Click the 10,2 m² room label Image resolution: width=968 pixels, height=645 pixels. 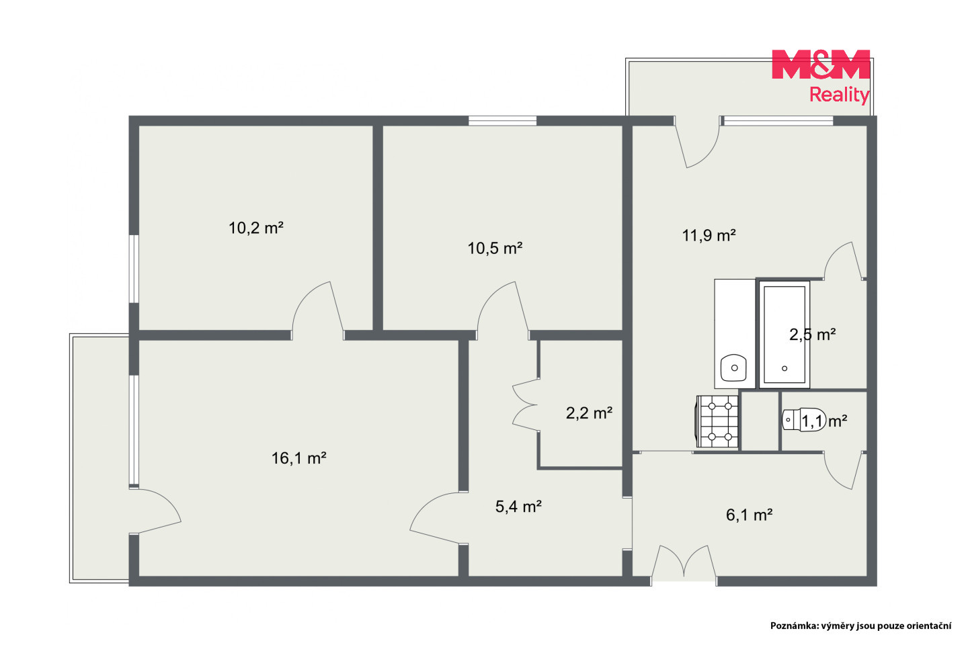pos(256,228)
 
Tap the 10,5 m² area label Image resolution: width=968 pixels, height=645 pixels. pos(495,248)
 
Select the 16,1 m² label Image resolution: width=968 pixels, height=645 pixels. pos(298,458)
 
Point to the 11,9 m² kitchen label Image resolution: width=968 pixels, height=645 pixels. pos(709,235)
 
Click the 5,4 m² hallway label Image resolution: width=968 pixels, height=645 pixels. pos(518,507)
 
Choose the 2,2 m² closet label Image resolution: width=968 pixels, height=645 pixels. pos(589,413)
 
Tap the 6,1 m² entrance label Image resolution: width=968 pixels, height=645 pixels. pos(749,515)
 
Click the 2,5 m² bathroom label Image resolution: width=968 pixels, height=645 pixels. pos(813,334)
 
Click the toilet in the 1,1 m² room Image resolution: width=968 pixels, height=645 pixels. pos(804,419)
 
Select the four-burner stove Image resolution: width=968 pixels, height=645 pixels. pos(717,421)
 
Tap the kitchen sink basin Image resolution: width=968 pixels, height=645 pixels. pos(734,368)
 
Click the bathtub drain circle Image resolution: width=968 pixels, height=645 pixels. pos(784,368)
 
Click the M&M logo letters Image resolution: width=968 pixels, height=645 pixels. pos(821,64)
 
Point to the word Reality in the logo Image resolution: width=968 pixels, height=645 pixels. pos(839,95)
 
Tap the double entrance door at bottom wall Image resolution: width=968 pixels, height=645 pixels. pos(684,561)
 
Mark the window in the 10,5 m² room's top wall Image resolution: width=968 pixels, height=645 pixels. pos(502,120)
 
